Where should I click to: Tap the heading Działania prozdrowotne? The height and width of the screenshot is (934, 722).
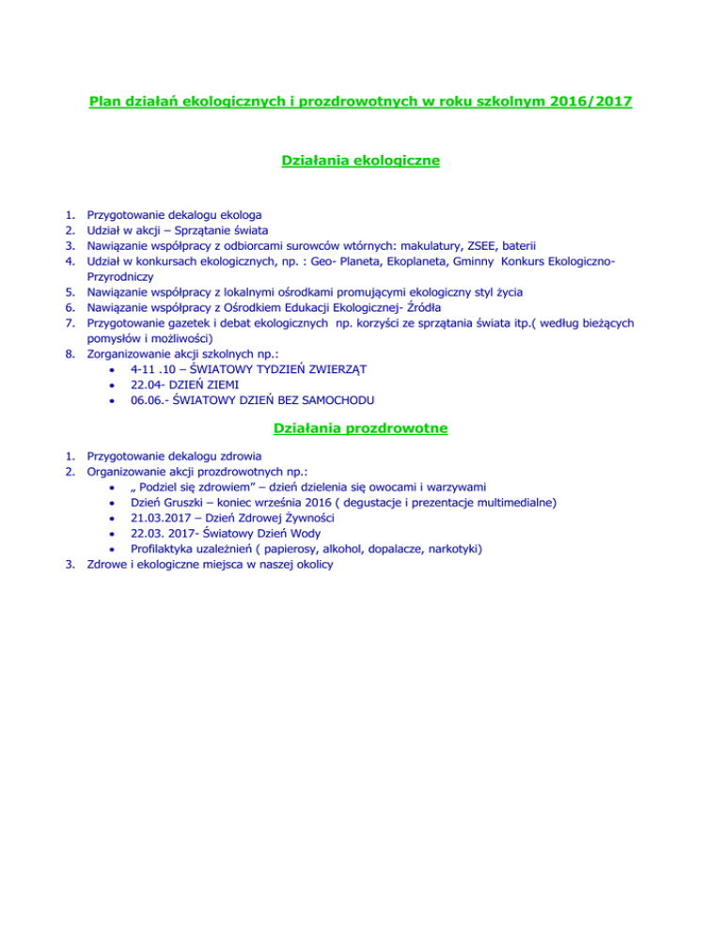coord(361,429)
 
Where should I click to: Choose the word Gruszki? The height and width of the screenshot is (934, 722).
coord(179,502)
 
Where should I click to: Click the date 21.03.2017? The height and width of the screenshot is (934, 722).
coord(165,518)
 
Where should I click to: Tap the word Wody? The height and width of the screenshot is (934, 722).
coord(297,534)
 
